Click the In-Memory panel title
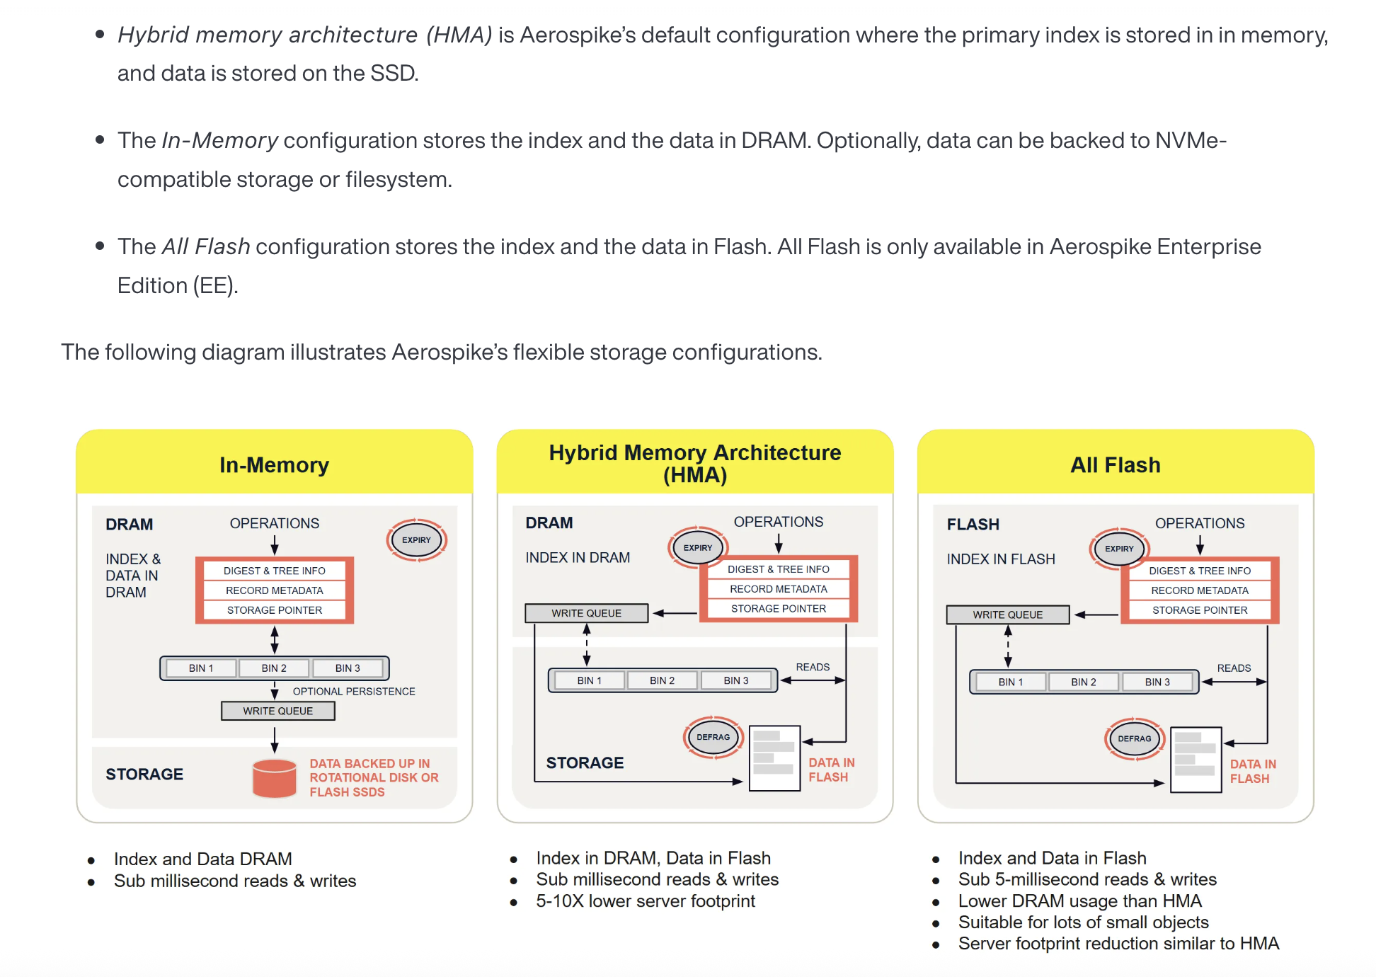pos(274,464)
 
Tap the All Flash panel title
pos(1115,464)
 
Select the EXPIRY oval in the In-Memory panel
pos(416,539)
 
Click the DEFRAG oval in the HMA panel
pos(713,737)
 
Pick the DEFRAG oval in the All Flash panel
pos(1134,738)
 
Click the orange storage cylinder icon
pos(274,778)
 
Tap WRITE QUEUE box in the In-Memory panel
pos(277,711)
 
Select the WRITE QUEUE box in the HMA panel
pos(586,613)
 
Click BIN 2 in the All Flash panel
pos(1083,682)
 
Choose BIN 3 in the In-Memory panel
pos(348,668)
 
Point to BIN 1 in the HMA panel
pos(589,680)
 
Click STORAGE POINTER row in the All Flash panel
pos(1199,610)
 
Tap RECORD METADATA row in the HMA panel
pos(778,589)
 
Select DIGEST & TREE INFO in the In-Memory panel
pos(274,571)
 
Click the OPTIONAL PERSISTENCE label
pos(354,691)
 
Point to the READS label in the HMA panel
pos(813,667)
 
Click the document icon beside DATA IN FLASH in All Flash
pos(1196,760)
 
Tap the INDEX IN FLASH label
pos(1000,559)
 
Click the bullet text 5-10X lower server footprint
pos(645,901)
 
